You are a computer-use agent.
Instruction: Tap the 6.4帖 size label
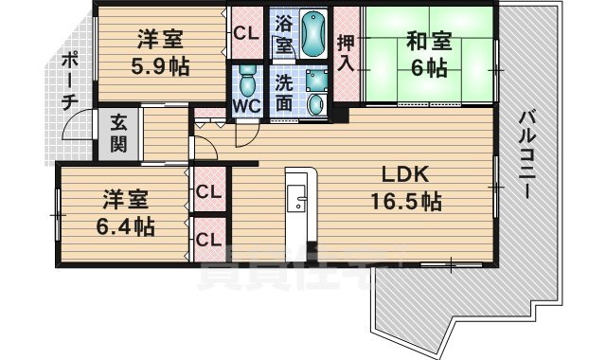coord(125,226)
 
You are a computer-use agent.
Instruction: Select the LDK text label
coord(405,175)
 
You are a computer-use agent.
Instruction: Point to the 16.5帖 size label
coord(405,202)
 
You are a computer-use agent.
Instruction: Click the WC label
coord(246,105)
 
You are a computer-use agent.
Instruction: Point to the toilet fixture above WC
coord(246,78)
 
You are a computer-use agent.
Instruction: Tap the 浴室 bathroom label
coord(283,33)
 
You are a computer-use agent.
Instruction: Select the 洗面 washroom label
coord(284,93)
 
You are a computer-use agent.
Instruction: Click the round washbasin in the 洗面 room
coord(316,105)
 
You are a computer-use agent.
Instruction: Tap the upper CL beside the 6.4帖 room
coord(208,191)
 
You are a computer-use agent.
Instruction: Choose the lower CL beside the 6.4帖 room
coord(208,238)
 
